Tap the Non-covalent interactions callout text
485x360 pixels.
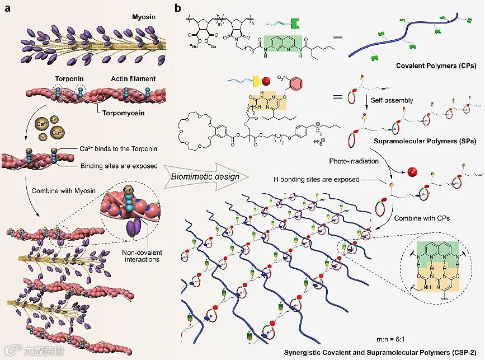tap(141, 256)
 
